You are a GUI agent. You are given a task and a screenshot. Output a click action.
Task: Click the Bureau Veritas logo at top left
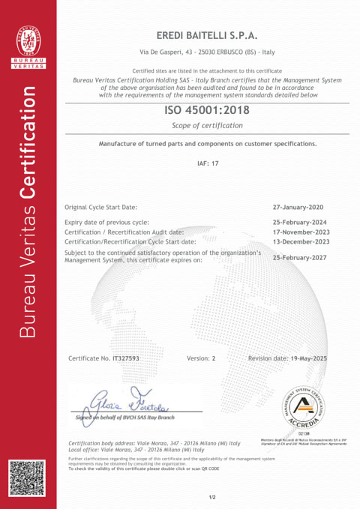click(29, 46)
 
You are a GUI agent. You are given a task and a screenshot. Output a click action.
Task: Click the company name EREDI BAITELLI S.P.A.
click(205, 35)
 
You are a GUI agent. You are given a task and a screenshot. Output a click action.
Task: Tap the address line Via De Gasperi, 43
click(205, 52)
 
